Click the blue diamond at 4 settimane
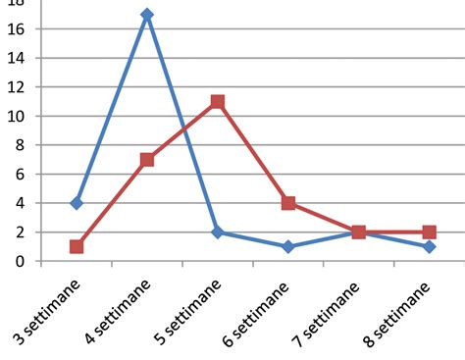point(147,15)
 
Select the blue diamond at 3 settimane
point(77,203)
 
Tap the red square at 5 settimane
point(218,102)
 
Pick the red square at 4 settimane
point(147,160)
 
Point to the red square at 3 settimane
point(77,246)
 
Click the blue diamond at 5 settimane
point(218,232)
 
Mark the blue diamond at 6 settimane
point(288,246)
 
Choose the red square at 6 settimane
point(288,203)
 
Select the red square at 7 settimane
point(359,232)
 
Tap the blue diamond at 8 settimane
point(429,246)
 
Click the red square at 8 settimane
point(429,232)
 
